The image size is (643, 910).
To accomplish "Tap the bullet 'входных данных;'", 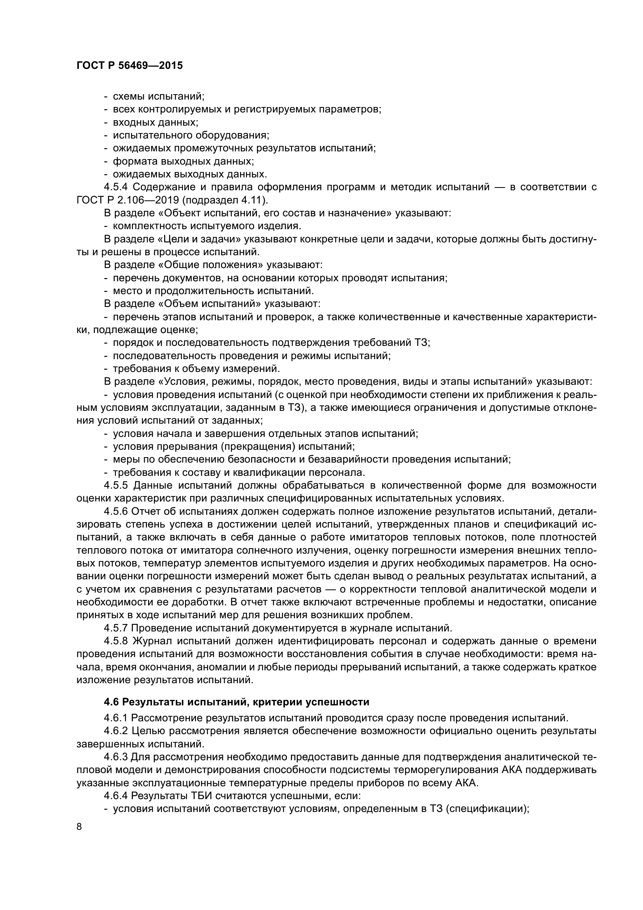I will click(155, 122).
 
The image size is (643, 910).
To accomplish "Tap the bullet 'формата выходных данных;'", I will click(183, 161).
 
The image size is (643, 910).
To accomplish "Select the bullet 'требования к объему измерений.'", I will click(196, 368).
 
